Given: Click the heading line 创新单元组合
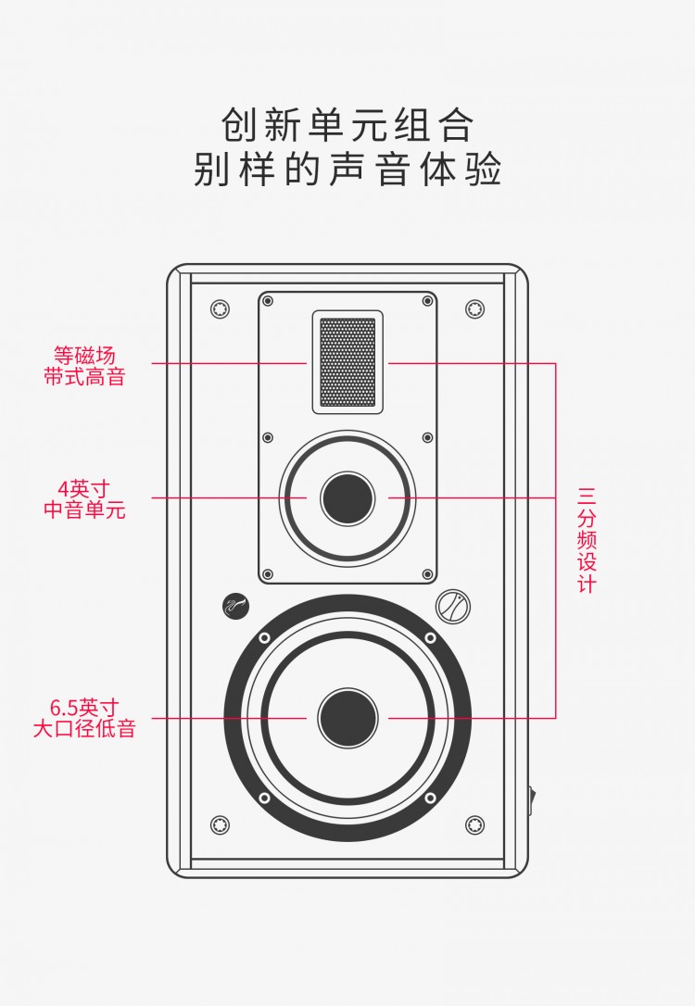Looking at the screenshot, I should coord(347,124).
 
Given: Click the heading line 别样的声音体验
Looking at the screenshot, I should coord(347,170).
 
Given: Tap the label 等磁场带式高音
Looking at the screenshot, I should coord(84,366).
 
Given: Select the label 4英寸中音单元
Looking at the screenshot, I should coord(84,498).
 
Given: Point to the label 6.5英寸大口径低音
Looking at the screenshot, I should coord(84,718).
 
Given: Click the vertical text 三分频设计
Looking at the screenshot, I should coord(587,539).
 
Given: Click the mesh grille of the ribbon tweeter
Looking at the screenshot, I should coord(347,361).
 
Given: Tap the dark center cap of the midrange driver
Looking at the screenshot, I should coord(347,497).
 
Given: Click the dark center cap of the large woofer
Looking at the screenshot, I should coord(347,718).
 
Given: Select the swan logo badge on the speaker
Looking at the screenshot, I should coord(234,606).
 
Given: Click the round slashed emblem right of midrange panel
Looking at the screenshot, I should coord(453,606).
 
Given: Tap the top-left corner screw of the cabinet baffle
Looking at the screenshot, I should coord(220,308).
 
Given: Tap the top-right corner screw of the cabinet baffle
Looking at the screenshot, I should coord(474,308).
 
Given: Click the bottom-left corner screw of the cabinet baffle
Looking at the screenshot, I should coord(220,824).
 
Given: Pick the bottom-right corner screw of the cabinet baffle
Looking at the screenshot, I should coord(474,824).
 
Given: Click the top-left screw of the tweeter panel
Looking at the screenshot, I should coord(268,301).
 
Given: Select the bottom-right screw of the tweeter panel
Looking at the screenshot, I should coord(427,574).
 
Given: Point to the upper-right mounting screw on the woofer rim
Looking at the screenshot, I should coord(430,638).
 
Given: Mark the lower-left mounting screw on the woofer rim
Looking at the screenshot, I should coord(264,798).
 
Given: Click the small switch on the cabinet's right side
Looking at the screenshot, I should coord(531,799).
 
